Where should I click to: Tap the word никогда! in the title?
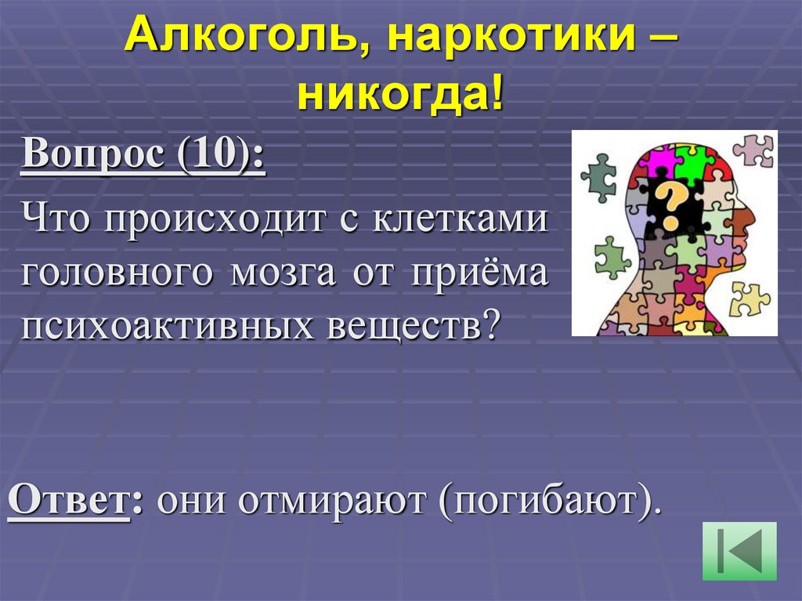tap(399, 96)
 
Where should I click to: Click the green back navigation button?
tap(739, 551)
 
